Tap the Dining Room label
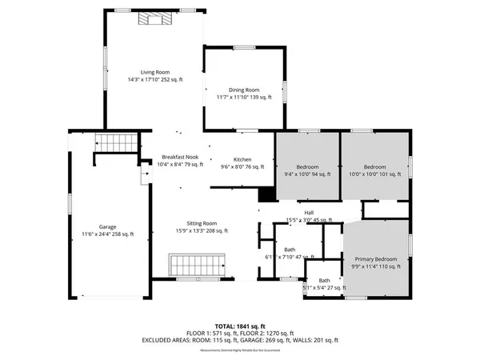click(246, 90)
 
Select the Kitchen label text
click(242, 160)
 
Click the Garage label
click(107, 227)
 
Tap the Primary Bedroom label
click(376, 259)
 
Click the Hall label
click(309, 212)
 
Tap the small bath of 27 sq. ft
click(325, 281)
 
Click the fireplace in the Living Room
click(153, 20)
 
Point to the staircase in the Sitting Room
click(196, 265)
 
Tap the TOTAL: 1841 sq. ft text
click(240, 326)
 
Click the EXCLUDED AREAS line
click(240, 340)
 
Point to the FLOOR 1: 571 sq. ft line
click(211, 333)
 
